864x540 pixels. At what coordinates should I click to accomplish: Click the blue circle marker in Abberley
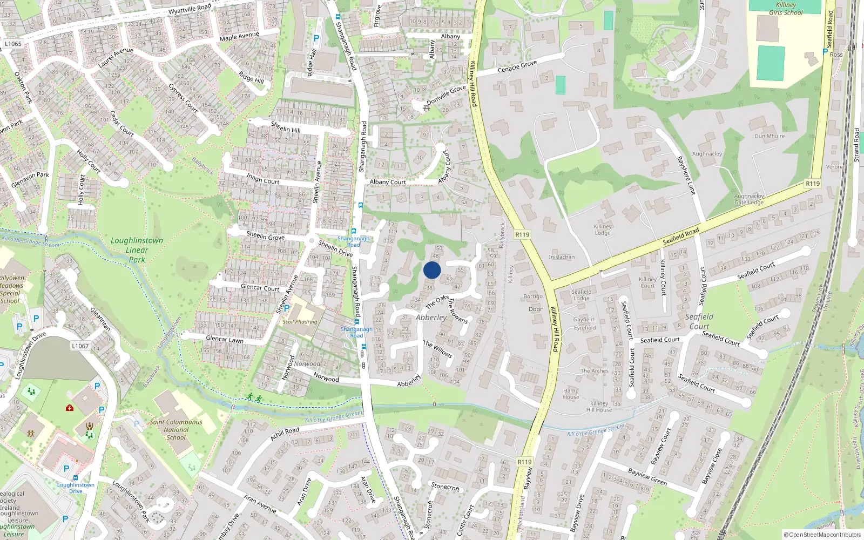coord(432,270)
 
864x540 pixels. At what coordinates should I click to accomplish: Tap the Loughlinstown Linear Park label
coord(137,250)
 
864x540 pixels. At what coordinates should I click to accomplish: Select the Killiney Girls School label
coord(786,9)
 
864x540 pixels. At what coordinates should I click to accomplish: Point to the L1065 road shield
coord(13,44)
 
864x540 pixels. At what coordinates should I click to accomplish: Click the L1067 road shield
coord(80,346)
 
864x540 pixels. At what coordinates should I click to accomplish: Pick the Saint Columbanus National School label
coord(176,430)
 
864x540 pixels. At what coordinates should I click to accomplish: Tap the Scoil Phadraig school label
coord(300,322)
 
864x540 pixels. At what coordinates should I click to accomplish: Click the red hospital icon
coord(70,408)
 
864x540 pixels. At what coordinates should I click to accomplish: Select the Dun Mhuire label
coord(769,136)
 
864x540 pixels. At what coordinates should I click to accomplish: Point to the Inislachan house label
coord(562,257)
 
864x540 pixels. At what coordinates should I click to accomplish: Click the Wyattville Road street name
coord(190,9)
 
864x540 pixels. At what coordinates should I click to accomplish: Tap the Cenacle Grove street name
coord(517,66)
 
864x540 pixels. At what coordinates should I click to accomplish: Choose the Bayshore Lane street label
coord(686,175)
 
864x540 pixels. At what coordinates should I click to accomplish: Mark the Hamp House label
coord(571,394)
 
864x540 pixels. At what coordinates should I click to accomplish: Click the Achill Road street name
coord(285,433)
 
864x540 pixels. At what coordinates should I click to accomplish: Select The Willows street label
coord(437,349)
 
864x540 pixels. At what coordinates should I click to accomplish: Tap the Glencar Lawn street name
coord(225,339)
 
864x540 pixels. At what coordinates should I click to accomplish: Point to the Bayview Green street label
coord(647,477)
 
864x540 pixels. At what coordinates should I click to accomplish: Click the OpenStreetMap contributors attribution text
coord(822,535)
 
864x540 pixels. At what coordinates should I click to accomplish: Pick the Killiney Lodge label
coord(603,230)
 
